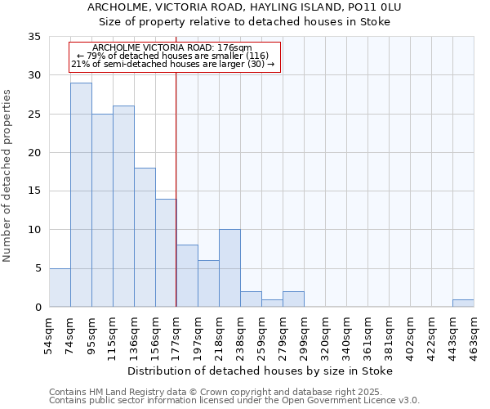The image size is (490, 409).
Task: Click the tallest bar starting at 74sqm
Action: pyautogui.click(x=81, y=195)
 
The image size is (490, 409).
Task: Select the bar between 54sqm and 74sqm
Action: pyautogui.click(x=60, y=287)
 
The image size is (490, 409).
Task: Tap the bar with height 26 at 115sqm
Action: pyautogui.click(x=123, y=206)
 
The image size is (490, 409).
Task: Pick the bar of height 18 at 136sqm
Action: pyautogui.click(x=145, y=237)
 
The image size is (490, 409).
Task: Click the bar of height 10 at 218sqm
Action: pyautogui.click(x=229, y=268)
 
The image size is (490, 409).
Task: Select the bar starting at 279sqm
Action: pyautogui.click(x=293, y=299)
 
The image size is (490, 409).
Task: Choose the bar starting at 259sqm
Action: pyautogui.click(x=272, y=303)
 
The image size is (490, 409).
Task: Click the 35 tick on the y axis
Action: pyautogui.click(x=34, y=37)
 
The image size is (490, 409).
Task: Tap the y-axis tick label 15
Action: pyautogui.click(x=34, y=191)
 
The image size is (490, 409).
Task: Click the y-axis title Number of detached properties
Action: pyautogui.click(x=8, y=176)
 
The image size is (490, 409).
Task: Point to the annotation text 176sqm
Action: pyautogui.click(x=176, y=48)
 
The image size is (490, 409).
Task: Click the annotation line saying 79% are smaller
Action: pyautogui.click(x=176, y=56)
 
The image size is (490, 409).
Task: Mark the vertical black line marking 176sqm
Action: pyautogui.click(x=176, y=204)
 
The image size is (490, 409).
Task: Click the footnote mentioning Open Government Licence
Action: pyautogui.click(x=234, y=401)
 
